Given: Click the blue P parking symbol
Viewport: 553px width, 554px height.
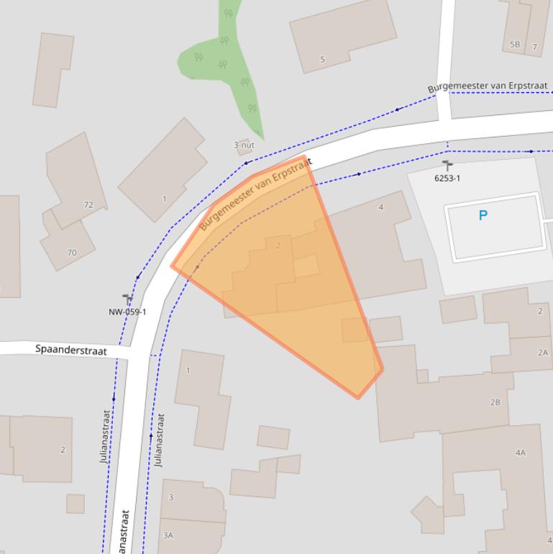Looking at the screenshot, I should [x=483, y=215].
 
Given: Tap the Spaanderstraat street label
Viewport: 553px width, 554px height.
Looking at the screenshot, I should [x=71, y=350].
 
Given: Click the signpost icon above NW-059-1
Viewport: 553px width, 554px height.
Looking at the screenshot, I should [x=127, y=299].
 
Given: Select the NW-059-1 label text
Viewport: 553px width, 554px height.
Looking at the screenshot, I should [x=127, y=312].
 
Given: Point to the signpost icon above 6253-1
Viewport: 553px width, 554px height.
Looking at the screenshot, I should [x=447, y=165].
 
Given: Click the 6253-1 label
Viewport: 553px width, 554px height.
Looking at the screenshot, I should [x=447, y=178].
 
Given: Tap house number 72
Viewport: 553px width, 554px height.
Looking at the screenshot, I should [x=88, y=205].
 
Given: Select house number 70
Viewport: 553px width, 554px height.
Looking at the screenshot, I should [x=72, y=253].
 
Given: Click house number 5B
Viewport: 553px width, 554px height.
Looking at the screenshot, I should [x=515, y=45].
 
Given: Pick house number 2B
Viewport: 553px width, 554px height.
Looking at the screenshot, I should [x=495, y=402].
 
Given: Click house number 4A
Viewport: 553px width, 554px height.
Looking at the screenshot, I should [x=521, y=453].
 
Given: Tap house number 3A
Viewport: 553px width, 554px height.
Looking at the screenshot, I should [x=168, y=535].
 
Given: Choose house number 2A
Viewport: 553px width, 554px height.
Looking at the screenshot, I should [x=542, y=353].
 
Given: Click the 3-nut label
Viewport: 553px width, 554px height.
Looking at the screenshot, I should [x=244, y=145].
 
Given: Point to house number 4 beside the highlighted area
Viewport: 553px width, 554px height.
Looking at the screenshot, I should [x=381, y=207].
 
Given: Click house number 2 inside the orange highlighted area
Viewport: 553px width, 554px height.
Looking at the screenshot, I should [x=278, y=245].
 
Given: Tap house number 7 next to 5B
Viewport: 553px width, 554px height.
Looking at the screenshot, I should [x=535, y=47].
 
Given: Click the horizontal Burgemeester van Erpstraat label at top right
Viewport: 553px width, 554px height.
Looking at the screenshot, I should [x=488, y=86].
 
